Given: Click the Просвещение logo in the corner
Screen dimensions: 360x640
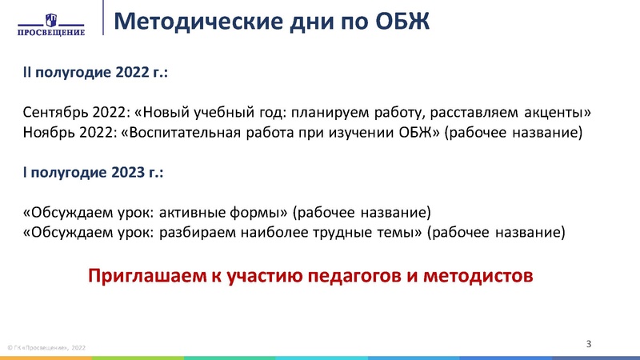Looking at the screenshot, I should click(x=51, y=22).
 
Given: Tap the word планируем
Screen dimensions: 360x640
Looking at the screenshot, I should click(x=330, y=111).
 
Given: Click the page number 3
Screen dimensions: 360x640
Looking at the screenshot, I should click(x=588, y=344).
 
